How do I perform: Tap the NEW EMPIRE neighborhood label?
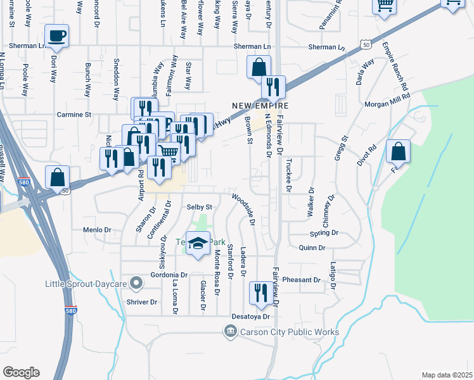[x=260, y=106]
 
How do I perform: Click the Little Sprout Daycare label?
[x=86, y=284]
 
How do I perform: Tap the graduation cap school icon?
[x=198, y=243]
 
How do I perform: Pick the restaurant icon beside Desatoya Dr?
[x=260, y=292]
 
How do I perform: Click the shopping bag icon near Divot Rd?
[x=398, y=151]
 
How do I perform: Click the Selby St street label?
[x=199, y=207]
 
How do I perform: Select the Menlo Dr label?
[x=97, y=230]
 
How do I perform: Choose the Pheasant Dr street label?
[x=302, y=280]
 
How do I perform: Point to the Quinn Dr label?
[x=312, y=248]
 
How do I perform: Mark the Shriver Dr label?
[x=141, y=302]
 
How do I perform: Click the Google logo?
[x=21, y=372]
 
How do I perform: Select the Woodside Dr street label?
[x=243, y=210]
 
